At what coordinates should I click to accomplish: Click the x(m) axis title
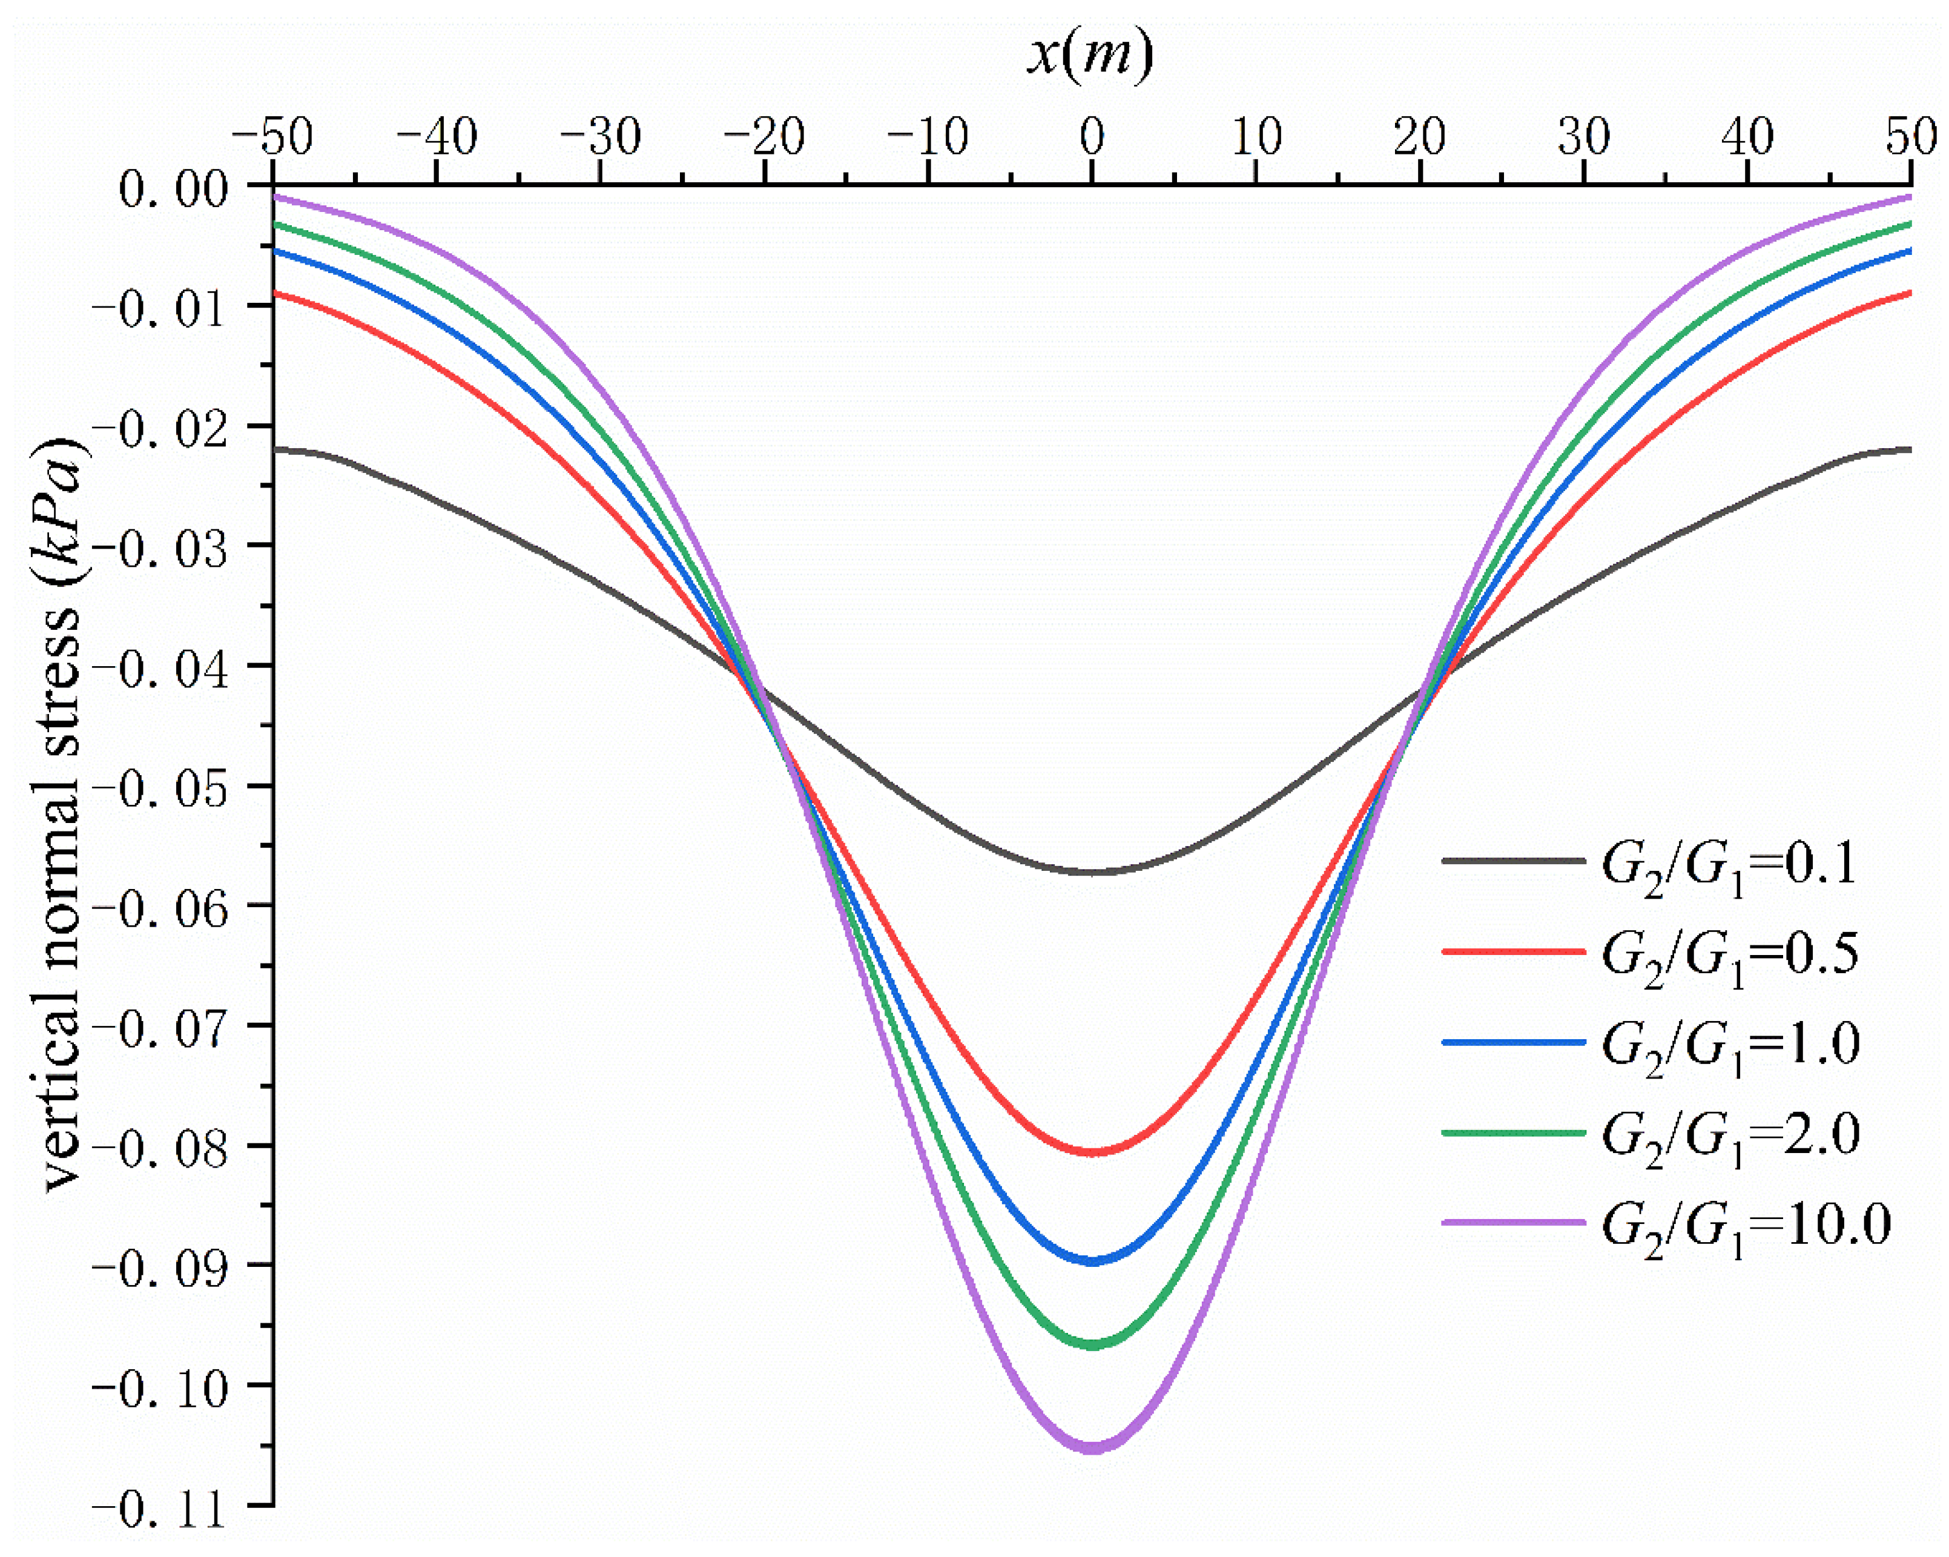(1090, 56)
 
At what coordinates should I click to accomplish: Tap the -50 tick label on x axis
(272, 138)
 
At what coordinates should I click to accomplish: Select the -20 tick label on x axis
(764, 138)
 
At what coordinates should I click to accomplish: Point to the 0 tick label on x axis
(1092, 138)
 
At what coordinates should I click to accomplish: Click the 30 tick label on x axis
(1584, 138)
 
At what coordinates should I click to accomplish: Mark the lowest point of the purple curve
(1092, 1447)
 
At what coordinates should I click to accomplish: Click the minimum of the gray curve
(1092, 871)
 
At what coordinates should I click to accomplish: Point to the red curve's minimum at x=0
(1092, 1152)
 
